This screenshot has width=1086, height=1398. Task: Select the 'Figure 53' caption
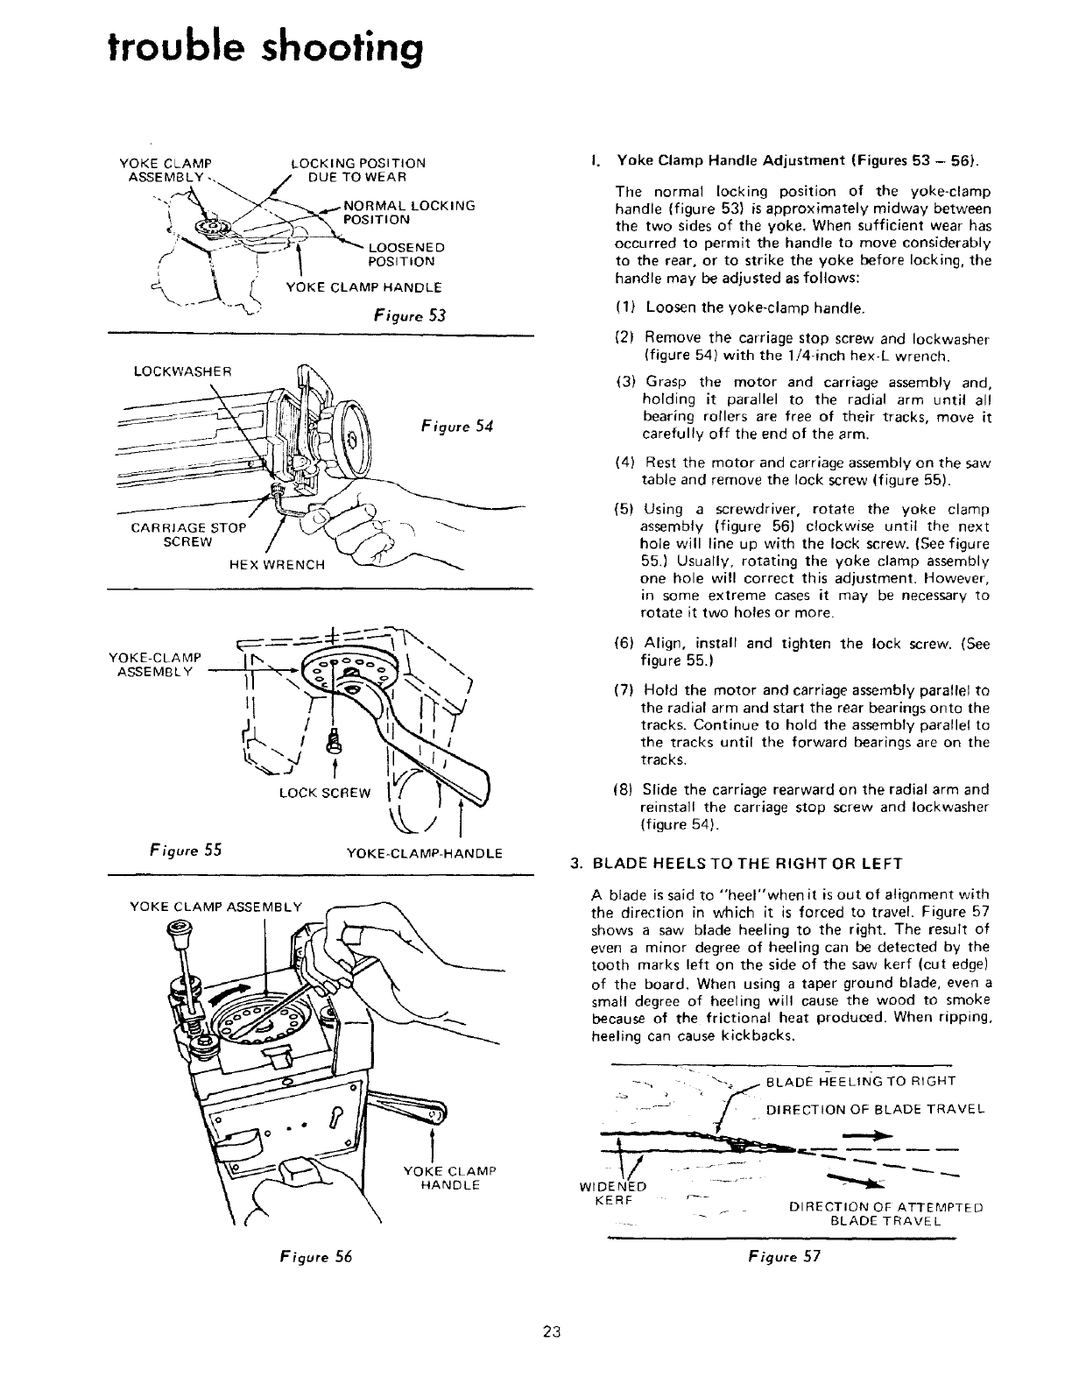click(409, 315)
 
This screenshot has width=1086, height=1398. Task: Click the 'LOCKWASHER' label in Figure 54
click(181, 371)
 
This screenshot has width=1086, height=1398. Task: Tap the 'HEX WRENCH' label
click(276, 564)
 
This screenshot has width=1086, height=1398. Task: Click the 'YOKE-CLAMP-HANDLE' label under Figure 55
click(425, 852)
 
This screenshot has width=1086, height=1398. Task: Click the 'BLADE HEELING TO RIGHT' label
click(860, 1080)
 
